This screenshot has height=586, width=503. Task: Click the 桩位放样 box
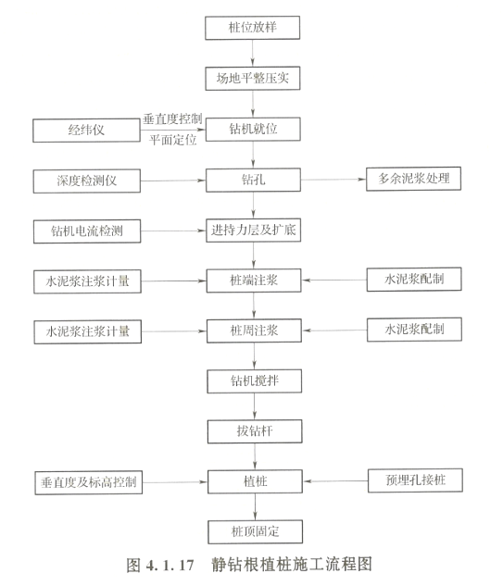[253, 28]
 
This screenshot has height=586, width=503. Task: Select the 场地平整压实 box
[253, 78]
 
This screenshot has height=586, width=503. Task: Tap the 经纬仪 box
[86, 131]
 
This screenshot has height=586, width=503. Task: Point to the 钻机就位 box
[253, 130]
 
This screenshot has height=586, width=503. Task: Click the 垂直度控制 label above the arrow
[172, 119]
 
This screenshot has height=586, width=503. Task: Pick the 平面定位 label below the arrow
[173, 140]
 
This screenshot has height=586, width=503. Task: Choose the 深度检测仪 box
[87, 181]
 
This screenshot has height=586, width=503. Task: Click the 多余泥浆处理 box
[413, 179]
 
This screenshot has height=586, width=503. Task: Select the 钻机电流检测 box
[87, 231]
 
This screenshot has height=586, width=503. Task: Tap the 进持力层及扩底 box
[253, 230]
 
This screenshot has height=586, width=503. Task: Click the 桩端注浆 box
[254, 281]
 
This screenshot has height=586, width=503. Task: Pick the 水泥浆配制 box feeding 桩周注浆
[414, 330]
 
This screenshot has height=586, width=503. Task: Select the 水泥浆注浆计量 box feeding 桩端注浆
[87, 281]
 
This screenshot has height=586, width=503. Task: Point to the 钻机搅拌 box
[255, 380]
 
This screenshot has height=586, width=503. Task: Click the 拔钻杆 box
[255, 431]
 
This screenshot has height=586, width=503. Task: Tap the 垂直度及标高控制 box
[89, 482]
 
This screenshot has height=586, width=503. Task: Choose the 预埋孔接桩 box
[415, 480]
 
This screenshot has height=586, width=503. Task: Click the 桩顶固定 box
[255, 531]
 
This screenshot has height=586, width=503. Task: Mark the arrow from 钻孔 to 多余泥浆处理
[333, 180]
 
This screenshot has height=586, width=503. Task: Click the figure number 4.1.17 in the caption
[170, 565]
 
